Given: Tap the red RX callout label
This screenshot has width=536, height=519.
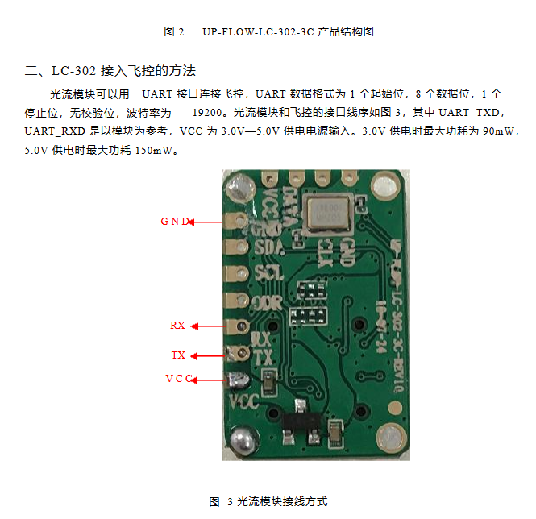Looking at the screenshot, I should pyautogui.click(x=177, y=326).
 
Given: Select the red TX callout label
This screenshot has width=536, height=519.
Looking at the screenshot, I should pyautogui.click(x=178, y=355).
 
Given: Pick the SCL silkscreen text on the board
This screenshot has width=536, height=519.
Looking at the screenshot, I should pyautogui.click(x=268, y=273).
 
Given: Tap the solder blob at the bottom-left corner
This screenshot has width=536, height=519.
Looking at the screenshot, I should pyautogui.click(x=239, y=440).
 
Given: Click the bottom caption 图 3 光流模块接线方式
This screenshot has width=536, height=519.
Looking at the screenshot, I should pyautogui.click(x=268, y=501).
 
